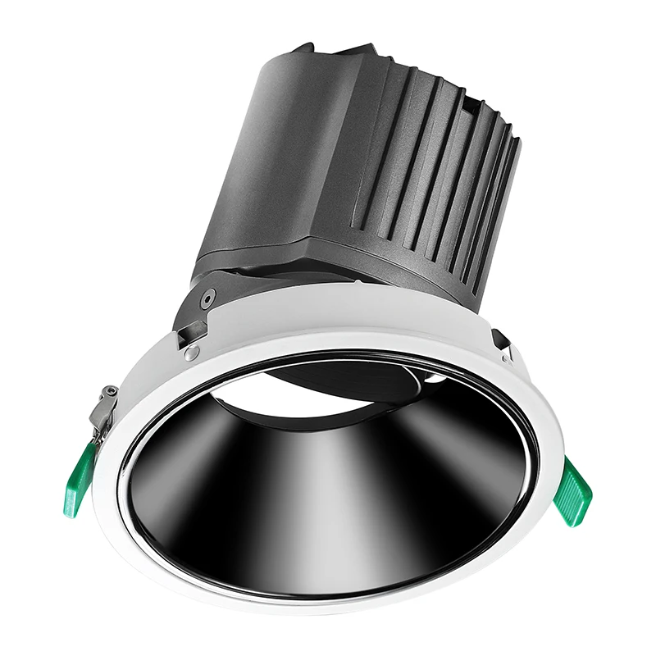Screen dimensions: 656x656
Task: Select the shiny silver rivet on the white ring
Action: pos(192,353)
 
